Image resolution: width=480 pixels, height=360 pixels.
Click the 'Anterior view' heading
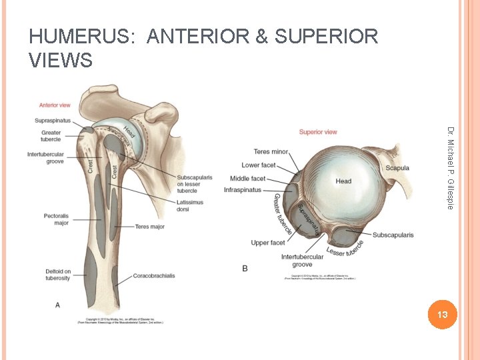pos(55,105)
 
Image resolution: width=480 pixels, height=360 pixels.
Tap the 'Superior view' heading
pos(318,131)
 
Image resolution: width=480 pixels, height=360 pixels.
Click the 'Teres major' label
pos(149,227)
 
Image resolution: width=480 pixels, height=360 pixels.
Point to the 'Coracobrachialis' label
pos(155,275)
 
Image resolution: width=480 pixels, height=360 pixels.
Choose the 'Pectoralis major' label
pos(57,219)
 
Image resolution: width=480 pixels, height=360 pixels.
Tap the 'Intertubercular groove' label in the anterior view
pos(46,158)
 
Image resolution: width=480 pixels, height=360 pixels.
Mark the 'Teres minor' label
pos(271,152)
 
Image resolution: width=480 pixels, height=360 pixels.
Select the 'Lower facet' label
pos(259,165)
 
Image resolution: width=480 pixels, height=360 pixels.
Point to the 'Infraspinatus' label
pos(243,190)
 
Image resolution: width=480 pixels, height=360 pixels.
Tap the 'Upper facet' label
pos(268,243)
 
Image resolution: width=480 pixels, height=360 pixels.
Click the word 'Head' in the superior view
pos(343,181)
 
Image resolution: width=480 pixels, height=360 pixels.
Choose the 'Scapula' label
pos(397,168)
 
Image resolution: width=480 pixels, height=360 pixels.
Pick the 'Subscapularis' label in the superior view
pos(393,235)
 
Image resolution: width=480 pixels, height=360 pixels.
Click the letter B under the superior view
pos(245,268)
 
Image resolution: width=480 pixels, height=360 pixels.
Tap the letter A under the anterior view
pos(57,305)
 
